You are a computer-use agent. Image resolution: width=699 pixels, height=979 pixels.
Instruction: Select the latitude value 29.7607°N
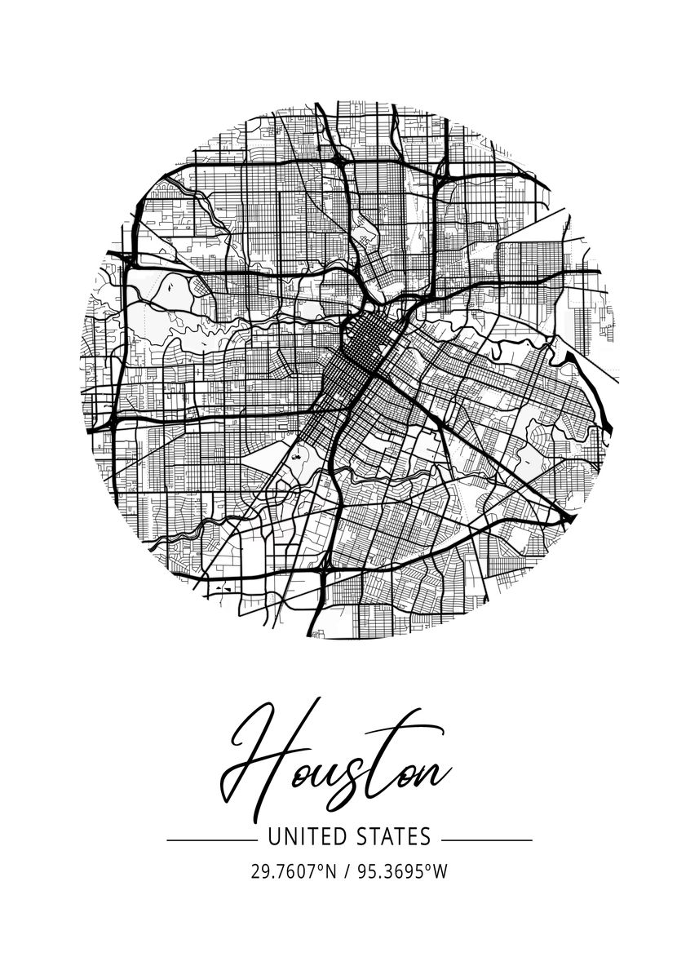293,871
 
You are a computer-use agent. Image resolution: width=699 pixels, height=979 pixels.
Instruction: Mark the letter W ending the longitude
440,871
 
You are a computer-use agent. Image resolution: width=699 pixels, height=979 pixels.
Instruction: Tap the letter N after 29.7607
330,871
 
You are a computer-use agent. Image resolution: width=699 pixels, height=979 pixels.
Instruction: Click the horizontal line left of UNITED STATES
210,839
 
